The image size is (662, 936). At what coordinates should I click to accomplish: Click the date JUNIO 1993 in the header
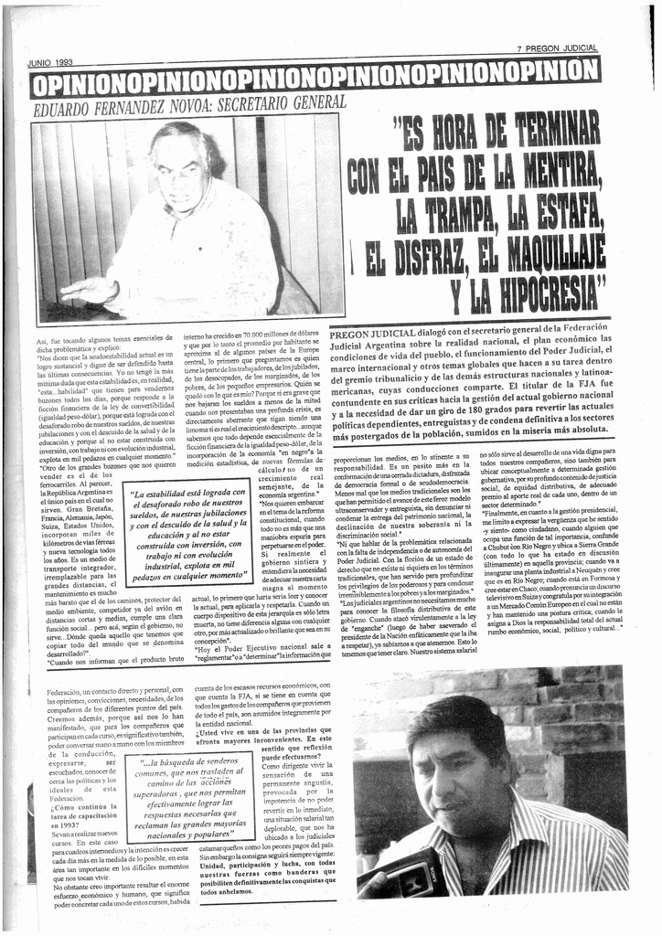pyautogui.click(x=49, y=63)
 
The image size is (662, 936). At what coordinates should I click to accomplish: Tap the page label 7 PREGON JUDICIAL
pyautogui.click(x=557, y=48)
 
